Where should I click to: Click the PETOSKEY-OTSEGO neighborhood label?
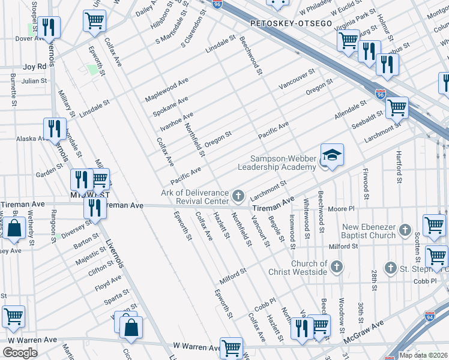[x=291, y=23]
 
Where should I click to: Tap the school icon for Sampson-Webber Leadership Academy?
[x=332, y=155]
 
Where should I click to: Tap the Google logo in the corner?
[x=20, y=353]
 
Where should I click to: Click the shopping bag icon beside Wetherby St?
[x=13, y=229]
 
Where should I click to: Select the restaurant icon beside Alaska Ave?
[x=55, y=128]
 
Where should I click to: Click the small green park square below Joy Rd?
[x=92, y=70]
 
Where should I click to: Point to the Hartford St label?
[x=399, y=166]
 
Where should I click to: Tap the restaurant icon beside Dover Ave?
[x=50, y=27]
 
